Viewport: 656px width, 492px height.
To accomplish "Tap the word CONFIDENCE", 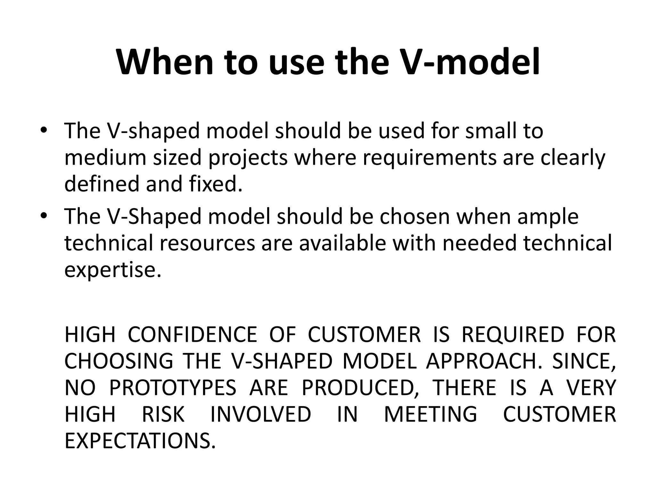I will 192,334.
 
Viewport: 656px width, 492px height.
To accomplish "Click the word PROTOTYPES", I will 173,388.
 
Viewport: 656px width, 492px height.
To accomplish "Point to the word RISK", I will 163,414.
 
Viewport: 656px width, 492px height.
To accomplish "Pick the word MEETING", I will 430,414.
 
